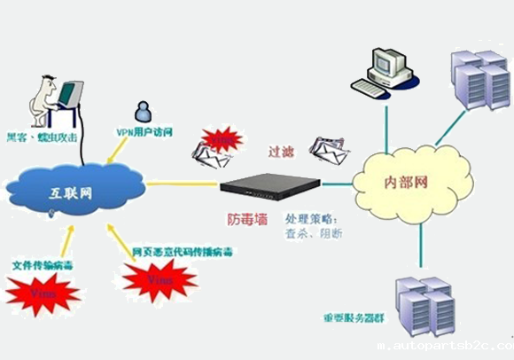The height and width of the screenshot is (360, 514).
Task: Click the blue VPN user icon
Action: click(x=141, y=111)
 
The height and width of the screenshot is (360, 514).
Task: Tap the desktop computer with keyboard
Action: click(x=383, y=69)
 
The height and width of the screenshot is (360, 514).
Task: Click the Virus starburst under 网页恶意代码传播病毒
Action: click(x=160, y=280)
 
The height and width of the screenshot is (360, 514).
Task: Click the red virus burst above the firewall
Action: click(x=218, y=139)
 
